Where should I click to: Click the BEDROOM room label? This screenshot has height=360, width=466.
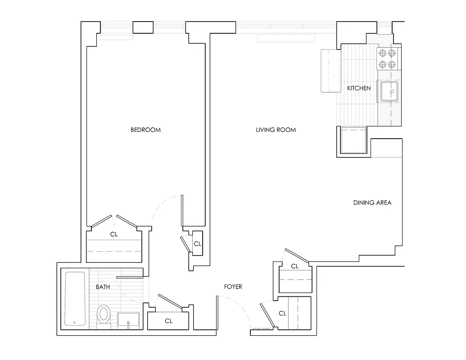pos(145,130)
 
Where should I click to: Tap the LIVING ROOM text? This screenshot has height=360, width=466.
pos(276,130)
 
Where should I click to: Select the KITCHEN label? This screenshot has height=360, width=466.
pos(358,88)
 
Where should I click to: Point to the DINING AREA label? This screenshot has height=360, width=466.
pos(372,202)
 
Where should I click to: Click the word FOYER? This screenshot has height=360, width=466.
pos(233,287)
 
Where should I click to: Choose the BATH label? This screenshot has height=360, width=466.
pos(103,287)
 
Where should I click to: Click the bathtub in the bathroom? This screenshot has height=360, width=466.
pos(75,298)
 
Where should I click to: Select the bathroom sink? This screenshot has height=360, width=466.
pos(129,321)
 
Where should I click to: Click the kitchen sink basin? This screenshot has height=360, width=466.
pos(389,91)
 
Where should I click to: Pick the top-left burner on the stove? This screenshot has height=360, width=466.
pos(383,54)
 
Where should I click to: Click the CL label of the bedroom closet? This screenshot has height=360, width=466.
pos(114,234)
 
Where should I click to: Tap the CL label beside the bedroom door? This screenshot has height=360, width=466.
pos(197,243)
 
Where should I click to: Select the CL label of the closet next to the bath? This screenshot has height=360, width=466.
pos(168,321)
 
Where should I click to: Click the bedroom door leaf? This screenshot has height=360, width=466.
pos(182,211)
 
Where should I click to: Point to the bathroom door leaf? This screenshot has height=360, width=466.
pos(130,277)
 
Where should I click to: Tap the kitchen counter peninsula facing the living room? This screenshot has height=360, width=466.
pos(330,71)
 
